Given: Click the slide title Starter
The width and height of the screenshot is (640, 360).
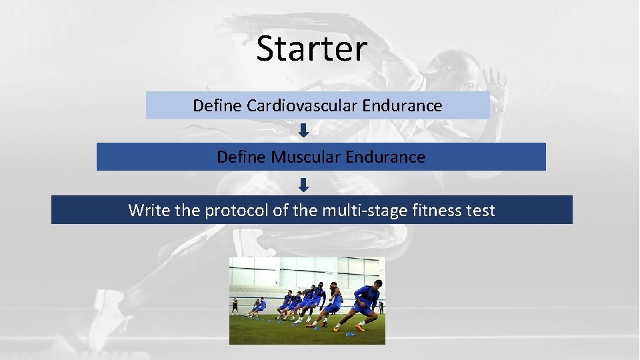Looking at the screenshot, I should pyautogui.click(x=311, y=49).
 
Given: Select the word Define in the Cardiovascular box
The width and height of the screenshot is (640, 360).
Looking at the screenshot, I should pyautogui.click(x=217, y=105).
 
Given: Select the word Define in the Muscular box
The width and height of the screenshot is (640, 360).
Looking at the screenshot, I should pyautogui.click(x=241, y=157).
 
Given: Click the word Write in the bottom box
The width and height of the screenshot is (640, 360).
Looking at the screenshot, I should pyautogui.click(x=149, y=211).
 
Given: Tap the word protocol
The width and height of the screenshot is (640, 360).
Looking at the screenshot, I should pyautogui.click(x=234, y=211).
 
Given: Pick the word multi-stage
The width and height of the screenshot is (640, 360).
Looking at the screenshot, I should pyautogui.click(x=357, y=211).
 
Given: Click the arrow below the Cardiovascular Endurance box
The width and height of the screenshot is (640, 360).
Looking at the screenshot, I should pyautogui.click(x=303, y=130).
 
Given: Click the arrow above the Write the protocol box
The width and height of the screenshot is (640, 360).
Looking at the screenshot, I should pyautogui.click(x=303, y=183).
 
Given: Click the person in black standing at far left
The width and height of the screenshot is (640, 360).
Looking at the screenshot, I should pyautogui.click(x=235, y=305).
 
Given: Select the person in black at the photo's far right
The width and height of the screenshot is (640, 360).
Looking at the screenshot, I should pyautogui.click(x=381, y=306).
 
